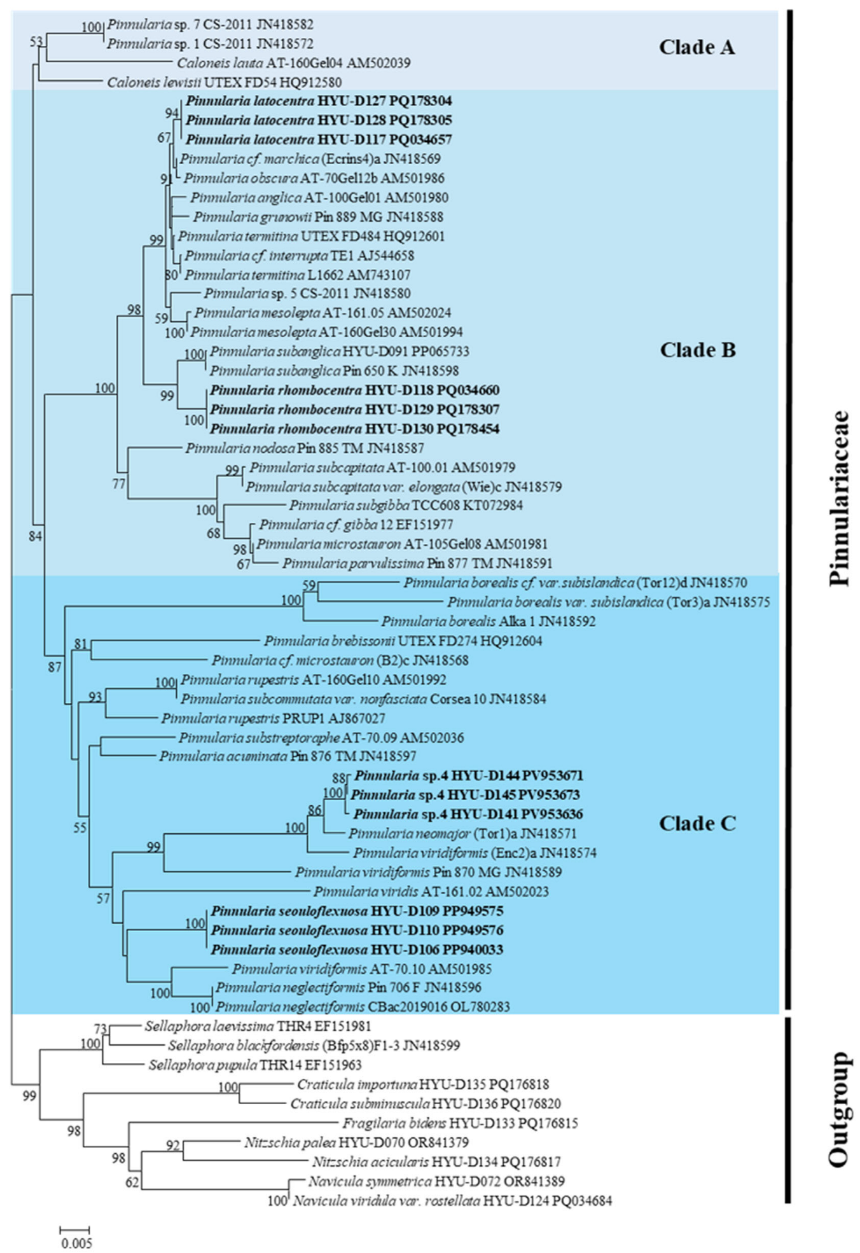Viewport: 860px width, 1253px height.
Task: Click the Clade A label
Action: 697,47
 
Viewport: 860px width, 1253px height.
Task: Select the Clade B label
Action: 697,350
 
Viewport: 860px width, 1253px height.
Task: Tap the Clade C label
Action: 697,824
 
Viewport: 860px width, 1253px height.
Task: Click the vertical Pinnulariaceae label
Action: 839,498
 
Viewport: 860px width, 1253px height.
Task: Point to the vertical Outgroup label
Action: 839,1109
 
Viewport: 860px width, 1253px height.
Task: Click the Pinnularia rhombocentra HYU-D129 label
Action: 354,409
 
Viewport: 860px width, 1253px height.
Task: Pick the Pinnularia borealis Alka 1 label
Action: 488,621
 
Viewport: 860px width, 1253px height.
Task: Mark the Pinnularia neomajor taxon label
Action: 463,833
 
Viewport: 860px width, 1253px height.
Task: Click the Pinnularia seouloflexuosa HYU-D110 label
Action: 357,931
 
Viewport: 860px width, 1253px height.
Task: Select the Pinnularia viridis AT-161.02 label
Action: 431,892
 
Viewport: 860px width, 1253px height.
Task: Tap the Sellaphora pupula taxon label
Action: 255,1065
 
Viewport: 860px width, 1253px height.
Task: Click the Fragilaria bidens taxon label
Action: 460,1123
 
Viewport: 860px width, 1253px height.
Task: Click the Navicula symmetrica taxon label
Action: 436,1182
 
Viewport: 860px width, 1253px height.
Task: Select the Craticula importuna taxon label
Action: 422,1084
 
